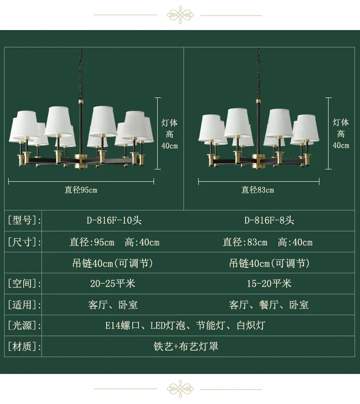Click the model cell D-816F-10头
114,220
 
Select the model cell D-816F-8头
269,220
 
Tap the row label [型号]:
24,220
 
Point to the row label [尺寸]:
24,242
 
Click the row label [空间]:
24,283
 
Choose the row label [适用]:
24,304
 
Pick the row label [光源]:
24,325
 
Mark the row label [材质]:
24,346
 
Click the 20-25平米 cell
113,283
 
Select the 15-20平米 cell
269,283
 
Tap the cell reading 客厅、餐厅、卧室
268,305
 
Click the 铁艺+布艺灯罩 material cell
186,346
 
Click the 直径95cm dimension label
81,190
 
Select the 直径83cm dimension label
257,190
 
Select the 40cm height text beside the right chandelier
341,145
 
